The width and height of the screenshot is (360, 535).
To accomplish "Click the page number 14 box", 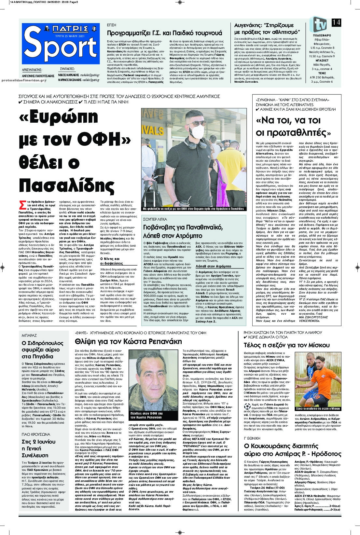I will (336, 22).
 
